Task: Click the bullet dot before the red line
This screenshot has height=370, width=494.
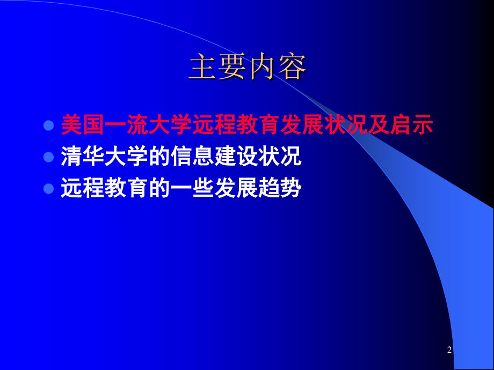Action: tap(49, 125)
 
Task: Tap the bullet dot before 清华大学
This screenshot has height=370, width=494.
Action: tap(49, 157)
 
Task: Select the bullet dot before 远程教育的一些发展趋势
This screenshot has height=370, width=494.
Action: tap(49, 189)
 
